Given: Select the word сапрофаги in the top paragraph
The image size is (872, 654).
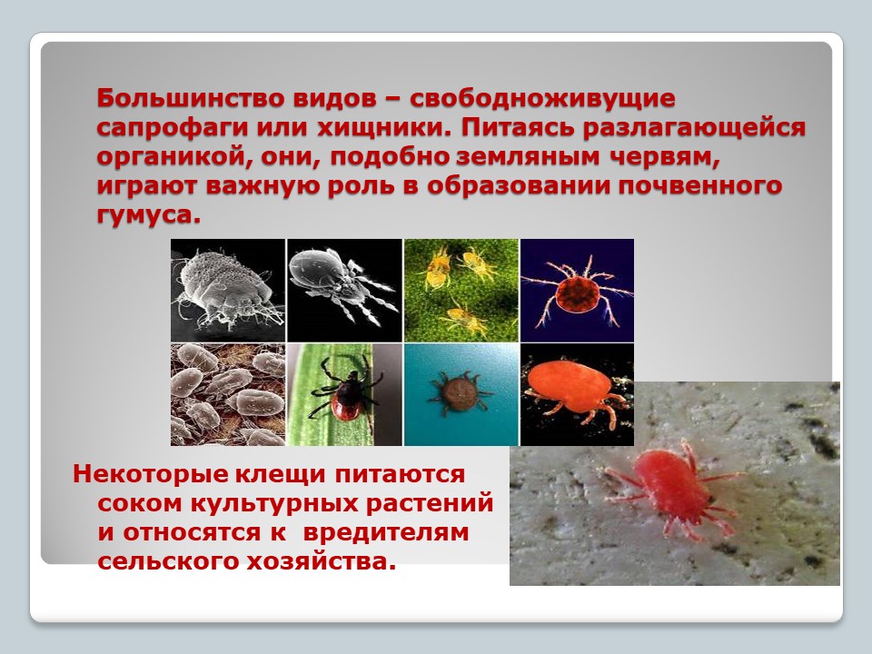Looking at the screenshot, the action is [172, 128].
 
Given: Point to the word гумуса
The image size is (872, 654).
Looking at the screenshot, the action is [148, 214].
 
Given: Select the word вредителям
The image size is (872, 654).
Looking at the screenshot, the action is [386, 532].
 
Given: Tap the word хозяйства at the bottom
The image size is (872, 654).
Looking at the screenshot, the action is [322, 561].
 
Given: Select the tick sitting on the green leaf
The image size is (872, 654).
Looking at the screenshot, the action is [345, 390].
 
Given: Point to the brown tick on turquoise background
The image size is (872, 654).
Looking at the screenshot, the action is [460, 392].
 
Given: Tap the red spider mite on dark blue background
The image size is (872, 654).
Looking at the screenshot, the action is [578, 292].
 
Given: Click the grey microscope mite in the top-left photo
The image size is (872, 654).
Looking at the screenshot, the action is [224, 289].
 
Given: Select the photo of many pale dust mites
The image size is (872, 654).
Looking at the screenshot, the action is [228, 394].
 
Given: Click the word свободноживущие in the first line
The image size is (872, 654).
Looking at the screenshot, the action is [542, 99].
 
